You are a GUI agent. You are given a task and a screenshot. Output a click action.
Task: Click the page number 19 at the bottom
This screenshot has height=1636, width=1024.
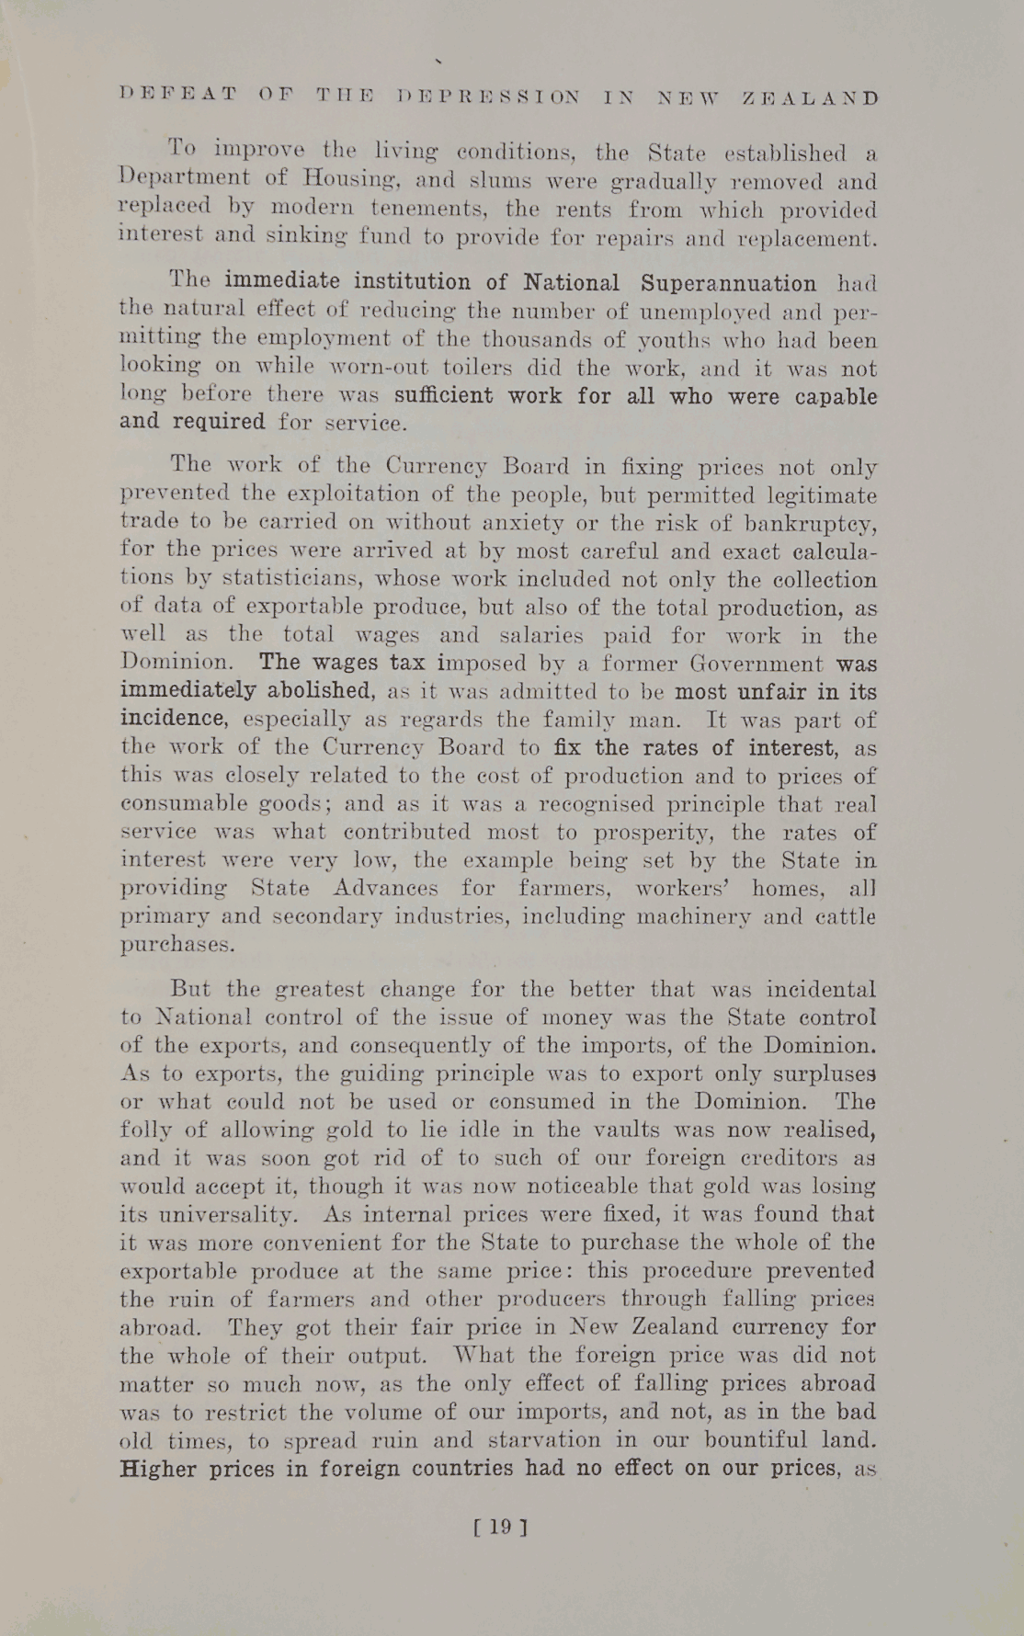point(499,1527)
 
